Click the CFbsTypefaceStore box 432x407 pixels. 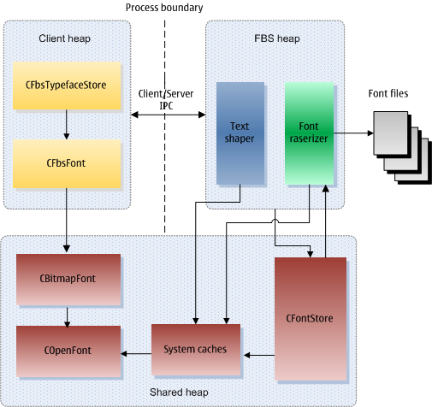point(67,86)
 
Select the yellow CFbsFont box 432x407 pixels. point(67,163)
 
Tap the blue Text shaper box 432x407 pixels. point(240,133)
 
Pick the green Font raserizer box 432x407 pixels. point(309,133)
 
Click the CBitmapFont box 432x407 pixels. point(68,280)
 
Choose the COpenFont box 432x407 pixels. point(68,351)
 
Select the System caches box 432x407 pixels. point(196,350)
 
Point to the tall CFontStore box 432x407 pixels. point(311,319)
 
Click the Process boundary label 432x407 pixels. point(164,8)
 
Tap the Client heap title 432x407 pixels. point(65,38)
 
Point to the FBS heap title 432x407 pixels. point(277,38)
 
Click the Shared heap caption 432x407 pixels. point(179,392)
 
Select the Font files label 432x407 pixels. point(388,93)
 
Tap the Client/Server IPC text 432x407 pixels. point(166,99)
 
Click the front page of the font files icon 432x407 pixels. point(391,133)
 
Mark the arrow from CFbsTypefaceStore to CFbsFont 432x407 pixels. point(67,125)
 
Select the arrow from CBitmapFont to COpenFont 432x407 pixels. point(67,316)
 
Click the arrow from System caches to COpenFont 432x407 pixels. point(136,354)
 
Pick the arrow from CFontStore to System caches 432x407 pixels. point(259,355)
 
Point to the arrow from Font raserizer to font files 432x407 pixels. point(353,133)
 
